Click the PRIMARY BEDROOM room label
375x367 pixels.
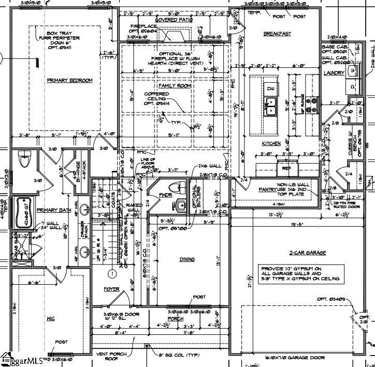69,81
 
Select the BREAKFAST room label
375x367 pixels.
277,34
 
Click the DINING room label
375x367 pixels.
187,259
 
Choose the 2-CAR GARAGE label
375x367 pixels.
308,253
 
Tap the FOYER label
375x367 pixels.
111,289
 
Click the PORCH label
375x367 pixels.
176,319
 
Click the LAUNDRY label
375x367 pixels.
334,74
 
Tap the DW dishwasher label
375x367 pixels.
270,89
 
